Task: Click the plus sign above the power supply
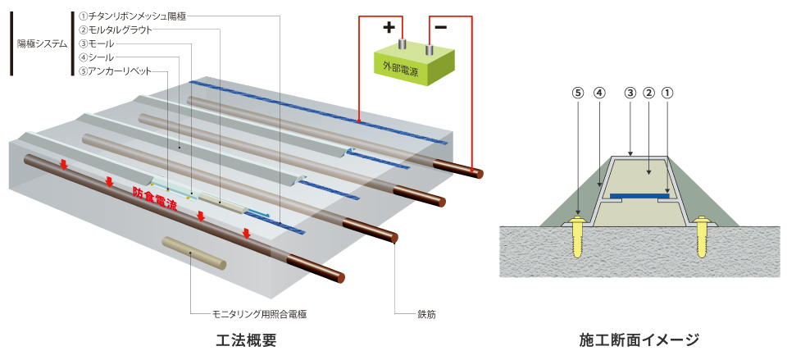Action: (388, 26)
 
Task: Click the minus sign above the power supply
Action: (440, 26)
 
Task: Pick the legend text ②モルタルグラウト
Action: (116, 30)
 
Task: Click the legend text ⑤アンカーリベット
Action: (116, 71)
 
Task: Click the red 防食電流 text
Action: (155, 198)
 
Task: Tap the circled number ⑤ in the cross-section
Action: (578, 93)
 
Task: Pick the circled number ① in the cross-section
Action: (667, 93)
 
